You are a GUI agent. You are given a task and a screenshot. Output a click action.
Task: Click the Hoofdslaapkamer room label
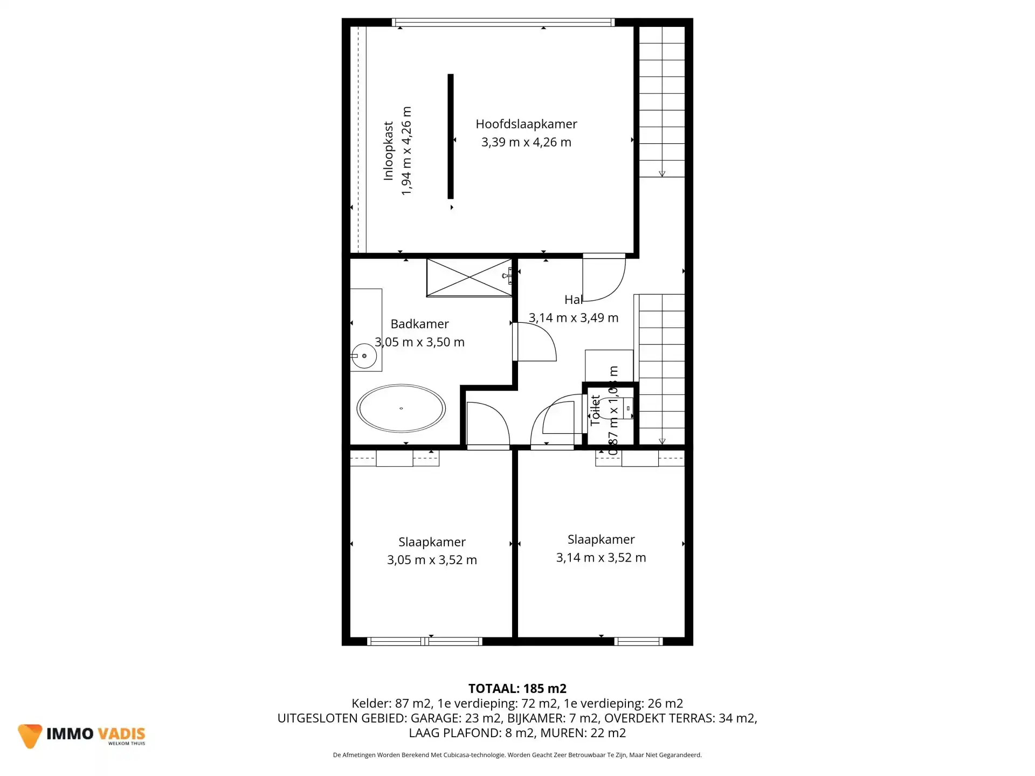526,124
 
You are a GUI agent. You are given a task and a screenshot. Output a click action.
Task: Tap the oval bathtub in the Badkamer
401,408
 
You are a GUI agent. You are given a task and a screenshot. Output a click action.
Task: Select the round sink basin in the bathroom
364,356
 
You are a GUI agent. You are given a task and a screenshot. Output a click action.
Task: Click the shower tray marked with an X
469,278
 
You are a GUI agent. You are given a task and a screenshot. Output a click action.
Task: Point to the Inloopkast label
388,151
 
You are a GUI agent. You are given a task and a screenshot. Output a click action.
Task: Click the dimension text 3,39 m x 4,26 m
526,142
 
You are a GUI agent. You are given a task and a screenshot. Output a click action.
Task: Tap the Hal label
573,300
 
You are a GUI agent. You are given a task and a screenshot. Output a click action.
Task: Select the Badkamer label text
419,324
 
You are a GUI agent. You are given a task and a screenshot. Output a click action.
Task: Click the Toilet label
595,411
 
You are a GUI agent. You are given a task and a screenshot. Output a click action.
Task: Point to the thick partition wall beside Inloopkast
451,136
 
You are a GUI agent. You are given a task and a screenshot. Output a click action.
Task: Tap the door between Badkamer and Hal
534,342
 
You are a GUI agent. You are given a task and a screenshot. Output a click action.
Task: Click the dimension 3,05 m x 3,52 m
432,560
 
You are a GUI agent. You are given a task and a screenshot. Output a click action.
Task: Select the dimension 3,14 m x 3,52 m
601,558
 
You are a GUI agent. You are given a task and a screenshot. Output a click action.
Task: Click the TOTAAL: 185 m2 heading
517,688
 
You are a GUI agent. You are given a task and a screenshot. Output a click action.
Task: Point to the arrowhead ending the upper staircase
662,174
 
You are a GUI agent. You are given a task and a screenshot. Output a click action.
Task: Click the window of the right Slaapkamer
638,641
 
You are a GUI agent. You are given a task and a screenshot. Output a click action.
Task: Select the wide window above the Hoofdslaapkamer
503,23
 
